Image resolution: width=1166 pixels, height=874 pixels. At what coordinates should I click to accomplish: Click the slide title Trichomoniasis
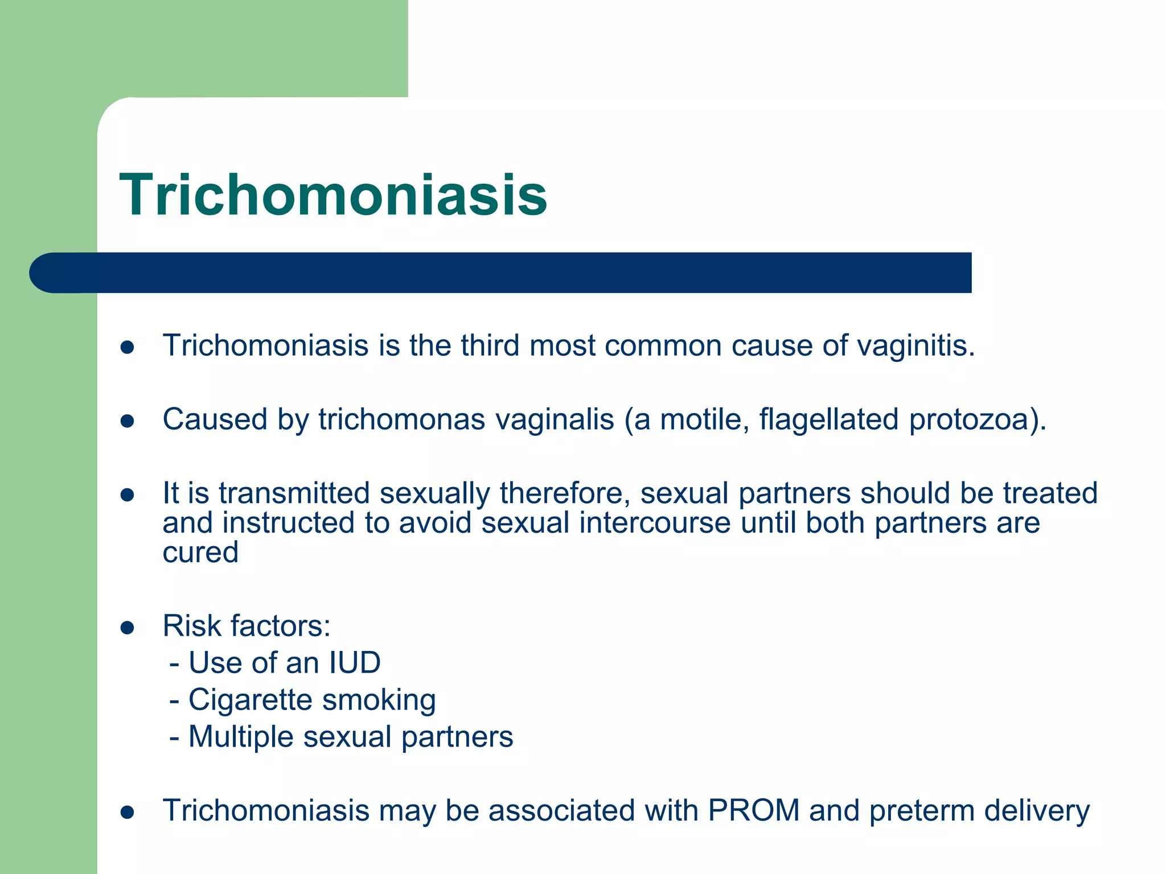click(x=333, y=195)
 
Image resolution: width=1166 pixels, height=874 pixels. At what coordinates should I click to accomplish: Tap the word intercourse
click(x=655, y=522)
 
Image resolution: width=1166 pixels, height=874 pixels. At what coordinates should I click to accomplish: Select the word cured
click(x=200, y=553)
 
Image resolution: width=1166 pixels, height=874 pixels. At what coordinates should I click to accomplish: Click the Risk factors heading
click(x=247, y=626)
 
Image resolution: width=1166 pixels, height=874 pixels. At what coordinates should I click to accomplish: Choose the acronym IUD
click(x=354, y=663)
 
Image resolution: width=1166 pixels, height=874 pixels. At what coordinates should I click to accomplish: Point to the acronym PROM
click(x=753, y=810)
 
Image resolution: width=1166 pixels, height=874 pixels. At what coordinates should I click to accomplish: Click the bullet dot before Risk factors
click(x=128, y=628)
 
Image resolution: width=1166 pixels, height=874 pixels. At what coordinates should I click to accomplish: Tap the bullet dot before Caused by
click(x=128, y=421)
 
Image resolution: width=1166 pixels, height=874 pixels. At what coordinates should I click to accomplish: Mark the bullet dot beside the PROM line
click(x=128, y=813)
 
